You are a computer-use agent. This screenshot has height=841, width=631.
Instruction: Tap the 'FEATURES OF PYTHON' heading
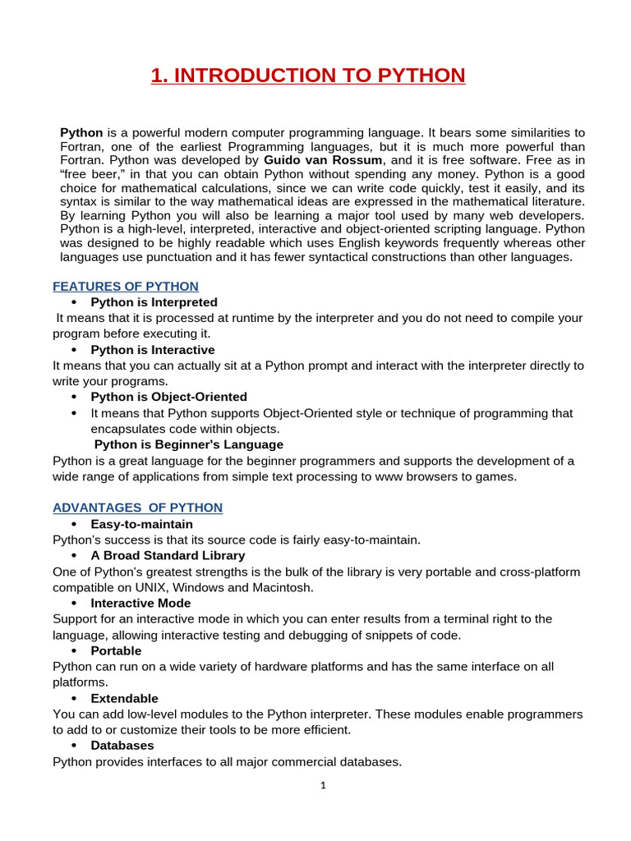tap(126, 287)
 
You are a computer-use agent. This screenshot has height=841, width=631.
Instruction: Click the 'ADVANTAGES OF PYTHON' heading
tap(137, 508)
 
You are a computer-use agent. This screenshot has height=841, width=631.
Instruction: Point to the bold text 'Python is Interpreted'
tap(154, 302)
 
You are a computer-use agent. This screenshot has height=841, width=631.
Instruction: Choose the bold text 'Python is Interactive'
tap(153, 350)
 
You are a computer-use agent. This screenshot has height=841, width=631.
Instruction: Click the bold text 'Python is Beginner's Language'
tap(188, 444)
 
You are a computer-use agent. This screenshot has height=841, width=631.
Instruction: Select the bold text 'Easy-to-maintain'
tap(142, 524)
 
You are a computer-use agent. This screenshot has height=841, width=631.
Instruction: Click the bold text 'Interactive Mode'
tap(140, 603)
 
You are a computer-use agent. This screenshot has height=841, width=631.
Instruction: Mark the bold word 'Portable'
tap(116, 650)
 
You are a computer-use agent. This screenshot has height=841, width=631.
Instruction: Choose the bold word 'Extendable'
tap(124, 698)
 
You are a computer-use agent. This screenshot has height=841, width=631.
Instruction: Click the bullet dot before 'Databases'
tap(74, 746)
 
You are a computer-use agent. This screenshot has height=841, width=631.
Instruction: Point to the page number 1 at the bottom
tap(323, 785)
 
